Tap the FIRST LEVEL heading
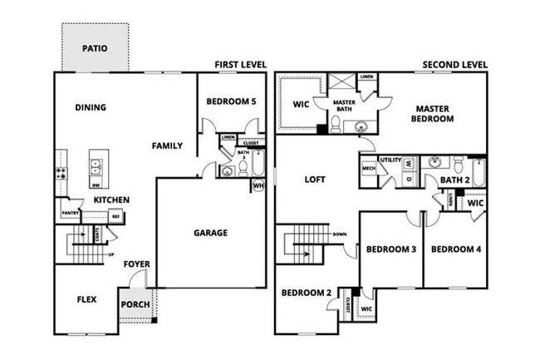pos(239,65)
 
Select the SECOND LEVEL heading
pos(454,65)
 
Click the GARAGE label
pos(210,233)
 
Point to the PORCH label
pos(135,304)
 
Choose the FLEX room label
pos(86,299)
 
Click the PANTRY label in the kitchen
pos(70,214)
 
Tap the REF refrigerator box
pos(115,216)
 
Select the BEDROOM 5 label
pos(230,101)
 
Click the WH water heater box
pos(258,185)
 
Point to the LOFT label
pos(315,180)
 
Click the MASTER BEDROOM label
pos(434,113)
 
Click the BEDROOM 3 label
pos(390,249)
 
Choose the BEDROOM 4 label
pos(455,249)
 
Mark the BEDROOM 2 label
pos(306,293)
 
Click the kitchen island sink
pos(98,165)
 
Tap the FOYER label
pos(136,264)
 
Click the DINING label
pos(90,106)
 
